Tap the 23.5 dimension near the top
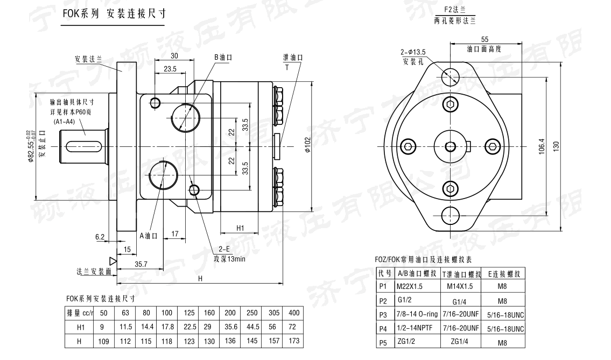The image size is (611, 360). pyautogui.click(x=170, y=69)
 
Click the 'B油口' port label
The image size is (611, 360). pyautogui.click(x=222, y=57)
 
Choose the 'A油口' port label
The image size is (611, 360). pyautogui.click(x=148, y=235)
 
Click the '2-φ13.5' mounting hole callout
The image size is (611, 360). pyautogui.click(x=413, y=52)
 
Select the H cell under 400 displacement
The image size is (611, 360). pyautogui.click(x=294, y=341)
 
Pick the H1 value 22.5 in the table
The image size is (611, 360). pyautogui.click(x=191, y=327)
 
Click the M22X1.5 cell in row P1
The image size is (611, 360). pyautogui.click(x=411, y=286)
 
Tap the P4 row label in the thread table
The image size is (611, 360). pyautogui.click(x=383, y=328)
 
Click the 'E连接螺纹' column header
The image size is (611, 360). pyautogui.click(x=503, y=273)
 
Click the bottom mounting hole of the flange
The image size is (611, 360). pyautogui.click(x=450, y=215)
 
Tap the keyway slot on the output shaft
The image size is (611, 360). pyautogui.click(x=85, y=146)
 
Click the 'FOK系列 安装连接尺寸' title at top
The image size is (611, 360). pyautogui.click(x=110, y=14)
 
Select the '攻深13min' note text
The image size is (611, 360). pyautogui.click(x=230, y=258)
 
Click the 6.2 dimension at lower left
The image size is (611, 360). pyautogui.click(x=100, y=237)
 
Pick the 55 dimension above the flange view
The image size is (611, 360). pyautogui.click(x=484, y=39)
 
